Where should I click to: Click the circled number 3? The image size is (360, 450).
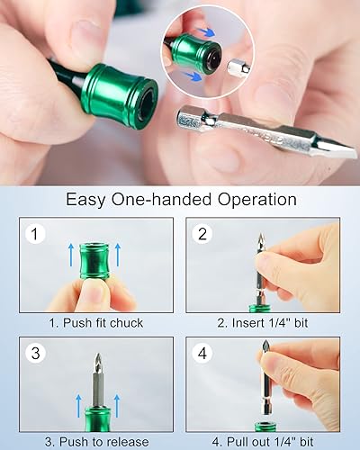[36, 354]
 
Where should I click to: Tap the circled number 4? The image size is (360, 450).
[203, 354]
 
